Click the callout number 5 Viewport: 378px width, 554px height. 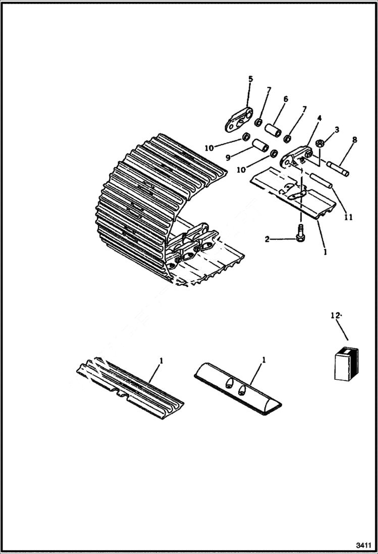click(250, 79)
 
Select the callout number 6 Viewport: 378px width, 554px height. click(285, 99)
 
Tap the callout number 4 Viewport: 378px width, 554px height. click(319, 119)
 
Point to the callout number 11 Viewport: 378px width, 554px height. click(348, 217)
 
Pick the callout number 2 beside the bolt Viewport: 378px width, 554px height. click(267, 239)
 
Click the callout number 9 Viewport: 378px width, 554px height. click(228, 158)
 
